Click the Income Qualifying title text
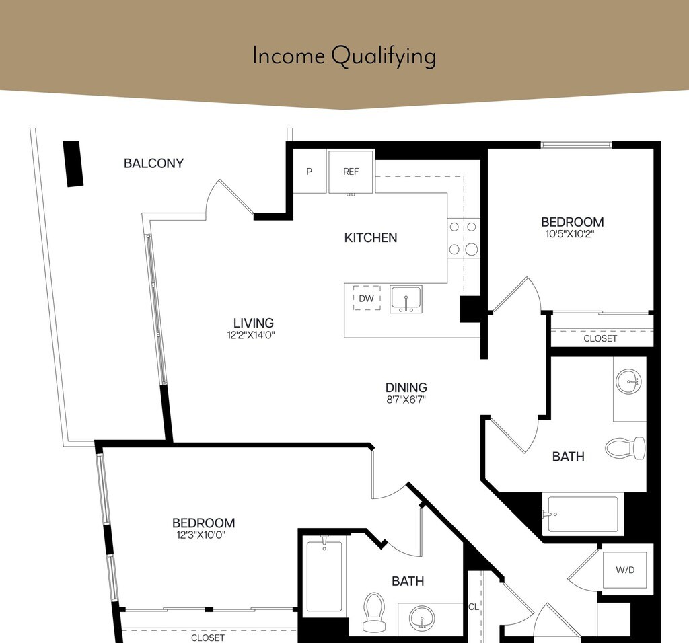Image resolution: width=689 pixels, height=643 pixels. (344, 56)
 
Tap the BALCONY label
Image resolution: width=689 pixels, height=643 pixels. (153, 163)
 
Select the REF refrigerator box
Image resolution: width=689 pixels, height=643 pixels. (351, 172)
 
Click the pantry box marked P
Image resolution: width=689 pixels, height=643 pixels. (310, 172)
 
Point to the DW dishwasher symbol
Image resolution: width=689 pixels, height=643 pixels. (367, 298)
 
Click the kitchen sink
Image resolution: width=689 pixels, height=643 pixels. (406, 299)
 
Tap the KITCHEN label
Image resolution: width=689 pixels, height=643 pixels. (371, 237)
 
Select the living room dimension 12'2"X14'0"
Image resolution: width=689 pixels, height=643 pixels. (251, 335)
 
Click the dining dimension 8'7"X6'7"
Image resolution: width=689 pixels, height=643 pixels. (406, 400)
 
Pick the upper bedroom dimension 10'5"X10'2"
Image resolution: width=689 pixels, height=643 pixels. (570, 233)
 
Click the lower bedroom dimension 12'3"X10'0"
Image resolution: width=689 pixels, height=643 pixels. (201, 535)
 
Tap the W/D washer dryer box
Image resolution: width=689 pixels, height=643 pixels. (625, 570)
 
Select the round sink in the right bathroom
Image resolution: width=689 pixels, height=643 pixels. (628, 381)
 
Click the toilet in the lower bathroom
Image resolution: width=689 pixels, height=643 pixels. (374, 612)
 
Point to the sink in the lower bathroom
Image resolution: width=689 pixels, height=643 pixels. (422, 618)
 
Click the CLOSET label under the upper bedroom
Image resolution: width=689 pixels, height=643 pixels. (600, 338)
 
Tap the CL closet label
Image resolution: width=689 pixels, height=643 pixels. (474, 607)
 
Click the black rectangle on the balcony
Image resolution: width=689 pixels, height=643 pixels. (73, 164)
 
